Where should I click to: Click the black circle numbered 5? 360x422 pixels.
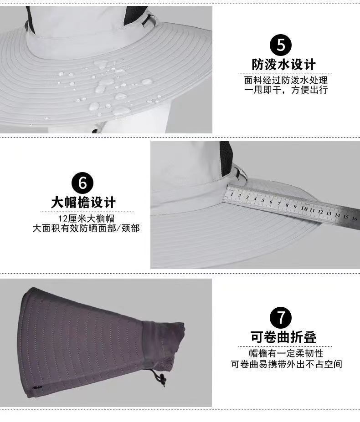coord(281,45)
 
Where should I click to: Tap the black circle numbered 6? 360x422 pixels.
coord(83,183)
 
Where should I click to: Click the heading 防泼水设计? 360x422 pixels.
coord(283,64)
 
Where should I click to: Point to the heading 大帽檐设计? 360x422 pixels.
coord(83,202)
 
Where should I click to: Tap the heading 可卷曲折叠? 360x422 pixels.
coord(283,337)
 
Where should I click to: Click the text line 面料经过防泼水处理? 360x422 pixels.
coord(286,80)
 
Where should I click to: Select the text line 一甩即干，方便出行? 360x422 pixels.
coord(286,90)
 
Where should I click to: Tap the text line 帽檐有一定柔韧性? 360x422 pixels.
coord(286,354)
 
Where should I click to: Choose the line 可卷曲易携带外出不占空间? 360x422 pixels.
coord(286,364)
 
